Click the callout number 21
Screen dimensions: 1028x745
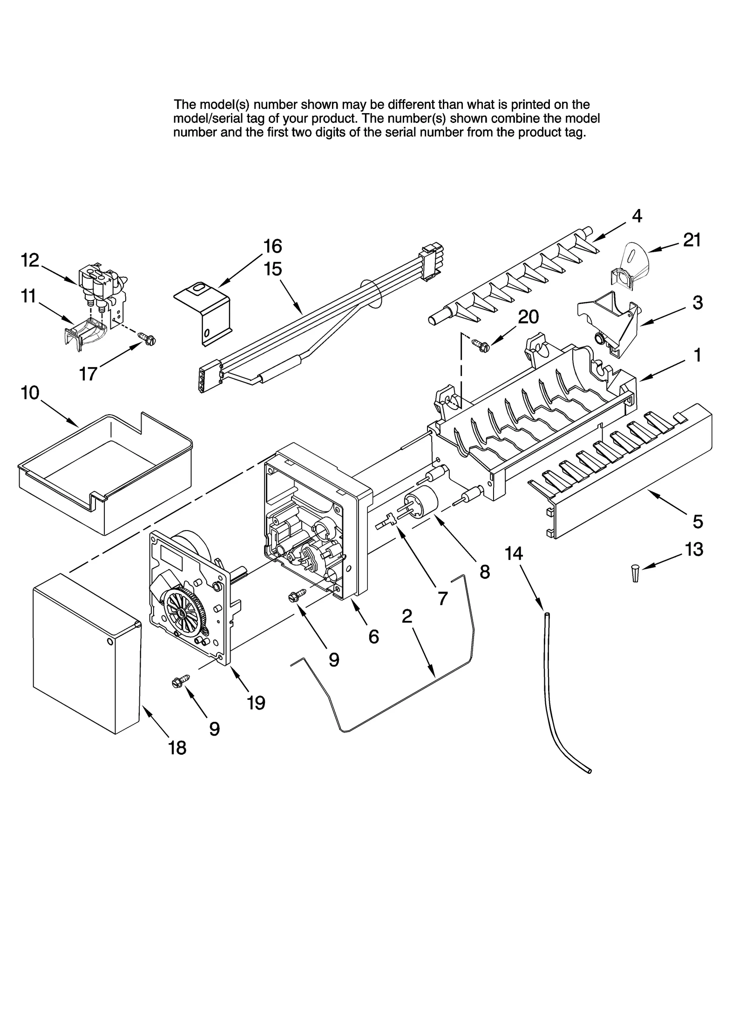coord(691,240)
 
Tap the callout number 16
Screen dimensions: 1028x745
coord(272,246)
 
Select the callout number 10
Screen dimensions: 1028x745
coord(30,393)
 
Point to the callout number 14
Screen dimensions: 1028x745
coord(514,553)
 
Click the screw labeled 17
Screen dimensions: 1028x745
coord(147,339)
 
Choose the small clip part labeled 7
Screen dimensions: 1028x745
coord(386,522)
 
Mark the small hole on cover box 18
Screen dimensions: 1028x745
coord(109,642)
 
